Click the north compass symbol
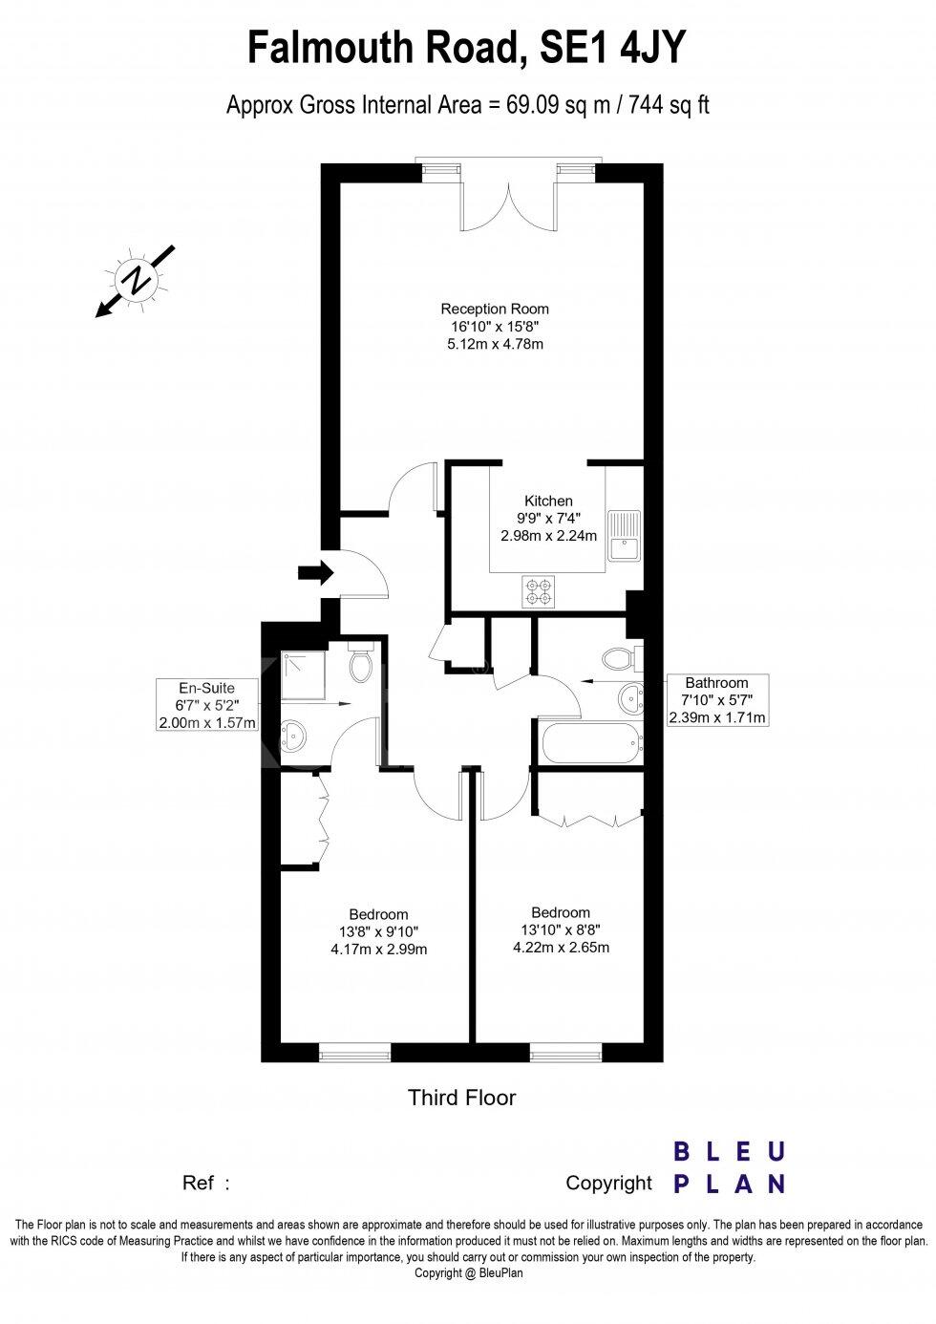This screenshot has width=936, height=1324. click(137, 280)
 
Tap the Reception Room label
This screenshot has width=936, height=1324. click(495, 309)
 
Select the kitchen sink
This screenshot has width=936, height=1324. click(627, 535)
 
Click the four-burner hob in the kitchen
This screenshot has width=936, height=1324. click(539, 591)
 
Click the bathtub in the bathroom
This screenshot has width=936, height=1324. click(587, 743)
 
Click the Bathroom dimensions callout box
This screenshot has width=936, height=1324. click(716, 700)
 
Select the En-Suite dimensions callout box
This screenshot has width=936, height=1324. click(207, 705)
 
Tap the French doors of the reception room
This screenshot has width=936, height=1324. click(508, 199)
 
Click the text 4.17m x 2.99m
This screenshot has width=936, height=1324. click(378, 950)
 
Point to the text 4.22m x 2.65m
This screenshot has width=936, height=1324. click(561, 948)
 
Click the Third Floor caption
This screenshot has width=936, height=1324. click(462, 1098)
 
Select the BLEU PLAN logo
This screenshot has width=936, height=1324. click(730, 1167)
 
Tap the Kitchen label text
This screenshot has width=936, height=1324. click(548, 501)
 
